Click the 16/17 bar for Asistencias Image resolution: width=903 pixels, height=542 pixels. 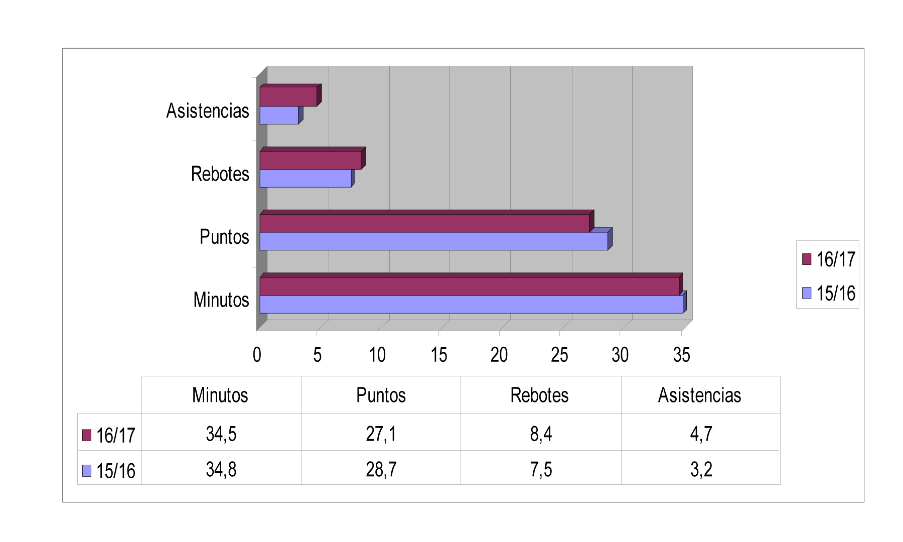(288, 96)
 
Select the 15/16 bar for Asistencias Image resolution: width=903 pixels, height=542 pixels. (279, 115)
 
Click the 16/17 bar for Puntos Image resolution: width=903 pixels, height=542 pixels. (424, 223)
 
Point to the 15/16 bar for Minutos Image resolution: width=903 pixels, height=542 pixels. (471, 304)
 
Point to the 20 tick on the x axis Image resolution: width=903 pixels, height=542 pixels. (499, 355)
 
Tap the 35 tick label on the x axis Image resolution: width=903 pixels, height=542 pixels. (681, 355)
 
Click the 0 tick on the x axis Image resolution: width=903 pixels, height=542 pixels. (257, 355)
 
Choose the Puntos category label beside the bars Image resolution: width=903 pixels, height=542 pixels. (224, 237)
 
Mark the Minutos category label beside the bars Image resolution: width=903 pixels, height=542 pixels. (221, 300)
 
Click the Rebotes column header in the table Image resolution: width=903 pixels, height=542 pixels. (539, 395)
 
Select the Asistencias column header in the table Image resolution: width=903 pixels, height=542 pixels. (699, 395)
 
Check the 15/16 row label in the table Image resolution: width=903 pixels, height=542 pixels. (110, 471)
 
